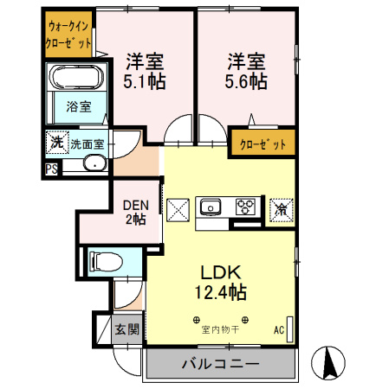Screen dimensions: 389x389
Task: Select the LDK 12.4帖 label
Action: point(222,279)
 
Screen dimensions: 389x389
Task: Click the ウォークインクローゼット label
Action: point(68,35)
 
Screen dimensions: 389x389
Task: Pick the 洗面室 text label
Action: point(87,143)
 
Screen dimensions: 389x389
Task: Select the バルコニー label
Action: point(219,364)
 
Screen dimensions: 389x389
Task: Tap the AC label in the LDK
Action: point(279,330)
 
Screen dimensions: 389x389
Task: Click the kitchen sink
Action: point(211,207)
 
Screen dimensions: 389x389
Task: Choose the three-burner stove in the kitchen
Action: point(245,207)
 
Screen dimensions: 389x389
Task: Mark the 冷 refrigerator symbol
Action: point(282,207)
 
